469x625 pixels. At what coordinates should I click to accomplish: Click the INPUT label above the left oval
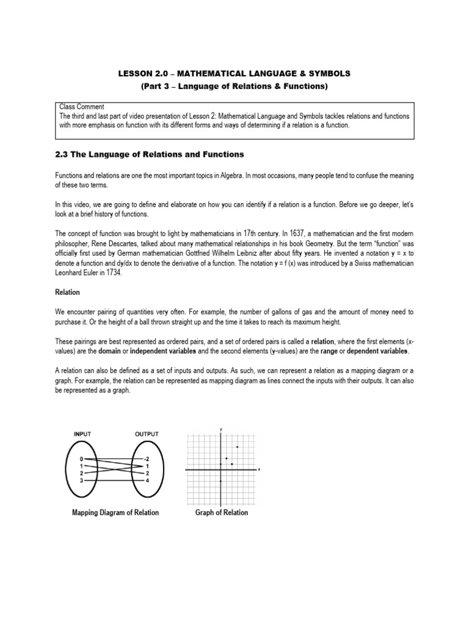pos(82,434)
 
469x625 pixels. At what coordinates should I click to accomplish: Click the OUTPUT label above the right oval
pos(146,434)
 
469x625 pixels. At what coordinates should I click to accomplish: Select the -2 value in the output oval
pos(145,458)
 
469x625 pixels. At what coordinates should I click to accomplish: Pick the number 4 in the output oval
pos(146,480)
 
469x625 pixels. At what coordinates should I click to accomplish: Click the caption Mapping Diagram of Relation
pos(115,513)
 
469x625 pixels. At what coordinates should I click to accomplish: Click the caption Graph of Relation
pos(222,513)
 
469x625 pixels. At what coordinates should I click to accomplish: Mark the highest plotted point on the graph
pos(237,447)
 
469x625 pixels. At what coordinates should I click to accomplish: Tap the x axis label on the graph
pos(260,469)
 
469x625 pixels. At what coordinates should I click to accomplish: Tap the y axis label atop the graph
pos(220,429)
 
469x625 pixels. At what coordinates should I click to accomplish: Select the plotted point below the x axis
pos(220,481)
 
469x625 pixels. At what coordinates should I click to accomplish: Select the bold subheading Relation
pos(68,292)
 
